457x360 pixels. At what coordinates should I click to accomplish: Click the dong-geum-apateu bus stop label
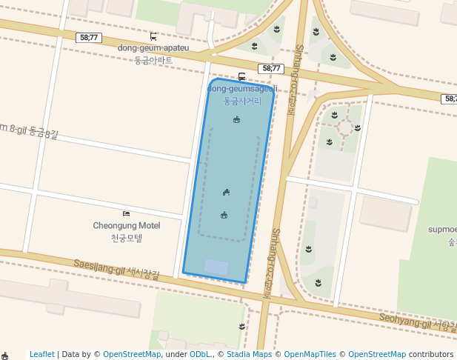153,48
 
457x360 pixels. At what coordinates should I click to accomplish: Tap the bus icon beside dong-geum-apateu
153,36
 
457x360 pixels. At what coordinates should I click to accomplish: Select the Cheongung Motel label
126,225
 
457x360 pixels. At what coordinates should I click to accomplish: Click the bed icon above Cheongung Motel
126,213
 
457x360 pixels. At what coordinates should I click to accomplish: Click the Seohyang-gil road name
415,320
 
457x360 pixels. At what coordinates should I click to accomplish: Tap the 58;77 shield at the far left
89,37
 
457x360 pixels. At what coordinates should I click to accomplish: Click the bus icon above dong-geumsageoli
241,76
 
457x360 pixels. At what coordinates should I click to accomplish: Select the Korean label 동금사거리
242,101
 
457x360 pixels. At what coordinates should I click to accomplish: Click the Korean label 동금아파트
153,60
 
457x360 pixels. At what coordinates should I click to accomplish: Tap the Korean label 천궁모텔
126,238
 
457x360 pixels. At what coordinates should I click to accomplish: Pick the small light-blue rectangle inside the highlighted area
216,267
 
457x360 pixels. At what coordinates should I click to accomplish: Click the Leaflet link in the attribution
42,354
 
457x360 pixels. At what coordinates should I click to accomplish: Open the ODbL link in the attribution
200,354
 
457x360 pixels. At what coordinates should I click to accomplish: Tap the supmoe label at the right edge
442,230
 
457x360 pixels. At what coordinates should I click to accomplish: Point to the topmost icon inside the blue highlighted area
236,119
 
